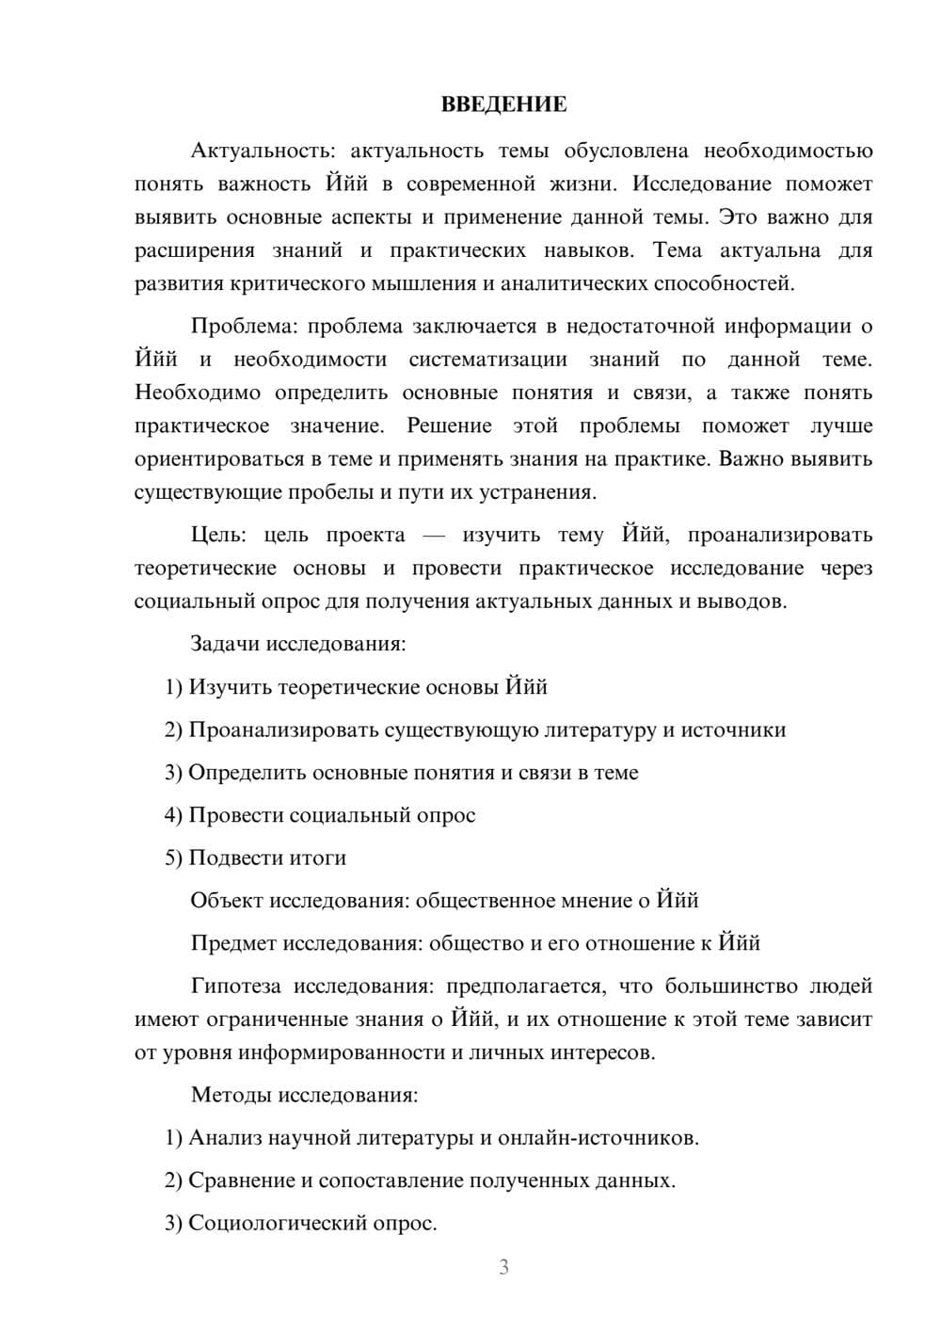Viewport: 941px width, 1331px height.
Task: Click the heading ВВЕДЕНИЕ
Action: (x=503, y=104)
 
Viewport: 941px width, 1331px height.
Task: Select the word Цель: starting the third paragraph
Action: (x=218, y=535)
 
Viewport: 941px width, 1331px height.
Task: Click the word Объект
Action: (x=227, y=900)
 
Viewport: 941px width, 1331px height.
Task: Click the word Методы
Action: (x=226, y=1095)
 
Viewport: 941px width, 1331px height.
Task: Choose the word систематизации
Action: (x=487, y=360)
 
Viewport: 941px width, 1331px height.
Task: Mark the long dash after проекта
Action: (x=434, y=535)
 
